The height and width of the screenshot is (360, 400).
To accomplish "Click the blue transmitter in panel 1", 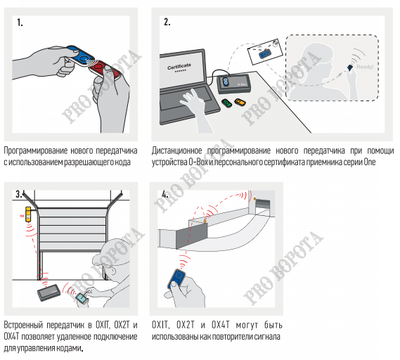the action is pyautogui.click(x=80, y=56).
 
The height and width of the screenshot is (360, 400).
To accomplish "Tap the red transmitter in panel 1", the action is pyautogui.click(x=105, y=70).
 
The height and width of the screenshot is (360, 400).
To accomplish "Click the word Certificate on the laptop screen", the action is pyautogui.click(x=179, y=66).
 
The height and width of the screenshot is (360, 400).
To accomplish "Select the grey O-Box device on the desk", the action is pyautogui.click(x=233, y=83).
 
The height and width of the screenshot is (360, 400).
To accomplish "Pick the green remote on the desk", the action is pyautogui.click(x=226, y=103).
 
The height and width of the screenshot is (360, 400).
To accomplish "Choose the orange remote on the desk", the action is pyautogui.click(x=240, y=102).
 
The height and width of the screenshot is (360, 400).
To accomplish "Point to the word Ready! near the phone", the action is pyautogui.click(x=365, y=67).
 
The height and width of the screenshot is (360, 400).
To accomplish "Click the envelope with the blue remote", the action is pyautogui.click(x=265, y=52).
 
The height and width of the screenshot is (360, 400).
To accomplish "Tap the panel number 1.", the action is pyautogui.click(x=20, y=22).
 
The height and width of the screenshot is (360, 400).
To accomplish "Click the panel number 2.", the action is pyautogui.click(x=167, y=22).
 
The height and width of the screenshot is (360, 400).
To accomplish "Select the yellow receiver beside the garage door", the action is pyautogui.click(x=28, y=214).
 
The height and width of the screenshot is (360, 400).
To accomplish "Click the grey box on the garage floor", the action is pyautogui.click(x=49, y=292).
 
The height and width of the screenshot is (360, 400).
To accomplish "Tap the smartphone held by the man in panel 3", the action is pyautogui.click(x=82, y=299).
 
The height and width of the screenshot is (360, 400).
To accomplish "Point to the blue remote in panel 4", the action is pyautogui.click(x=176, y=279).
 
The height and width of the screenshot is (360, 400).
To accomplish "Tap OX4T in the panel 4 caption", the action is pyautogui.click(x=221, y=325).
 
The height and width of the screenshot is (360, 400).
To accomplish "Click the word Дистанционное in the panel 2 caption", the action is pyautogui.click(x=176, y=150).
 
